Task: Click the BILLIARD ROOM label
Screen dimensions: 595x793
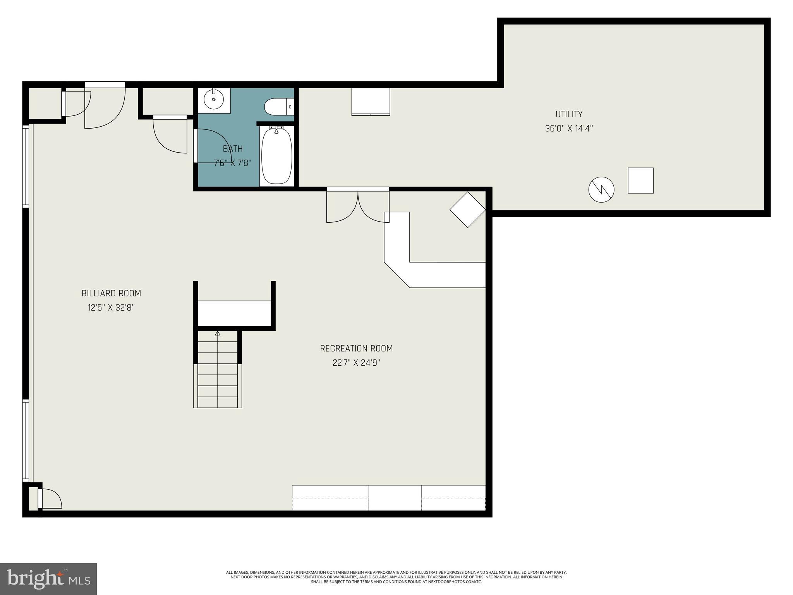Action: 111,293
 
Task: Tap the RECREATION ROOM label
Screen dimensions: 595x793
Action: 356,348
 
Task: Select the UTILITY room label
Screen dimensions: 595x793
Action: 569,114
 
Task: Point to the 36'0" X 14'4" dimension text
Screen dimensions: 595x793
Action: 569,129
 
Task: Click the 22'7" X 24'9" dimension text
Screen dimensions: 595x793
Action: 356,363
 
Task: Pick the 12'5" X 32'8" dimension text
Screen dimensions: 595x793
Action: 111,308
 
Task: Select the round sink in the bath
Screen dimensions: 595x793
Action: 214,99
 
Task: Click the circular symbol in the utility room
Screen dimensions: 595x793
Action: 601,189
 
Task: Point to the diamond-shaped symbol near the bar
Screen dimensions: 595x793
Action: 467,210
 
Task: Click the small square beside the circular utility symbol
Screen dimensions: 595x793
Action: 640,181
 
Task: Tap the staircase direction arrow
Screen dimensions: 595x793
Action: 218,333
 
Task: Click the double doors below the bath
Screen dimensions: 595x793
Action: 358,205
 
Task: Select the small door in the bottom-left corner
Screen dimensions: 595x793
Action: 50,499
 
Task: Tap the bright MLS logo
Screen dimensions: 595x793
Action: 48,579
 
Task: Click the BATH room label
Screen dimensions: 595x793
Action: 233,149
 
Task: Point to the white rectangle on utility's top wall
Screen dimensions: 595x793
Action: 371,102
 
